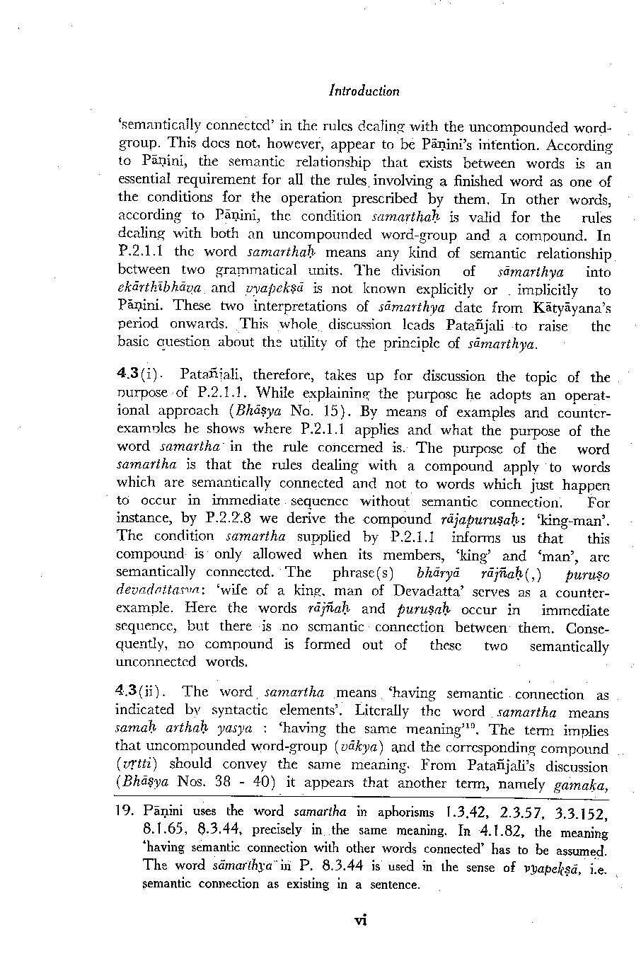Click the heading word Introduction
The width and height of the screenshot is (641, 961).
click(364, 91)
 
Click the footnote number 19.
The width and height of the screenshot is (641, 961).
click(125, 812)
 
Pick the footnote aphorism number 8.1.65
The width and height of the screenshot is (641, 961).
click(166, 830)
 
